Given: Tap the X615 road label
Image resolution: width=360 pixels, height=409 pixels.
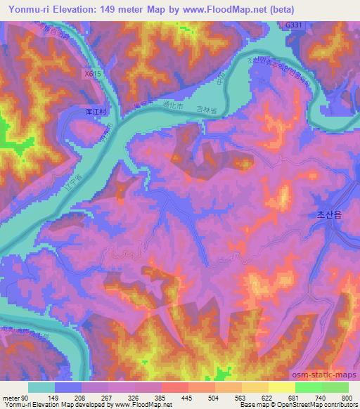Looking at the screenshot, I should [x=91, y=72].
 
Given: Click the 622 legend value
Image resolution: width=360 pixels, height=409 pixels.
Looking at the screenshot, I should [x=265, y=398].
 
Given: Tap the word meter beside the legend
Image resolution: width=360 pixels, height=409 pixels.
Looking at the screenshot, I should [x=12, y=398].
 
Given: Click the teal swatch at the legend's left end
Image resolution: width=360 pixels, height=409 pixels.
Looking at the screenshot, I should [x=41, y=387].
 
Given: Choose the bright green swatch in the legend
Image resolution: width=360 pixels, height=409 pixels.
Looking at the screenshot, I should [x=307, y=387].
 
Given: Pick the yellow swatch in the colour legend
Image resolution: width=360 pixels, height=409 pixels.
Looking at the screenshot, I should [x=281, y=387].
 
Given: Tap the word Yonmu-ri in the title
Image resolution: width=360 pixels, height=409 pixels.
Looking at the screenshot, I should [x=27, y=9].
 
